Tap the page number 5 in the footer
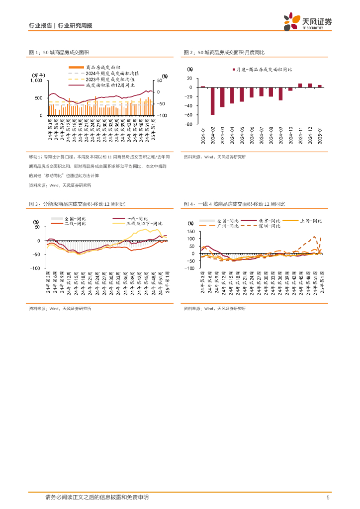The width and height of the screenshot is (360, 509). coord(328,497)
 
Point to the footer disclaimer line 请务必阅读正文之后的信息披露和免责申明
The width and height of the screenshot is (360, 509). coord(96,497)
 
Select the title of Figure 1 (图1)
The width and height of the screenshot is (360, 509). coord(60,52)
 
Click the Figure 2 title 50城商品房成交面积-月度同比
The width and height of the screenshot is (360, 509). coord(224,52)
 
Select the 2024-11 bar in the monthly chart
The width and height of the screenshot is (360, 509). coord(300,85)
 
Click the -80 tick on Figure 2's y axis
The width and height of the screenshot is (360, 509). coord(189,124)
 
